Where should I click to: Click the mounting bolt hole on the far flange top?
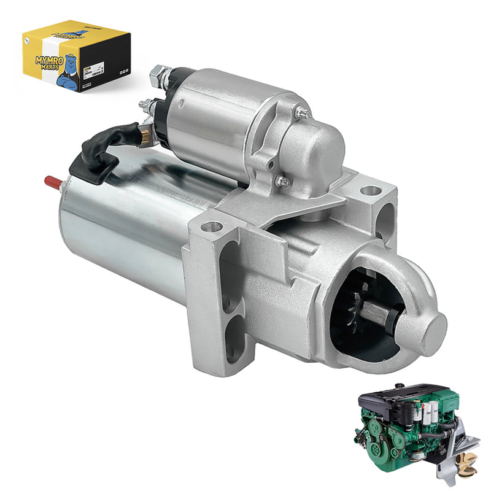pyautogui.click(x=370, y=190)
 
